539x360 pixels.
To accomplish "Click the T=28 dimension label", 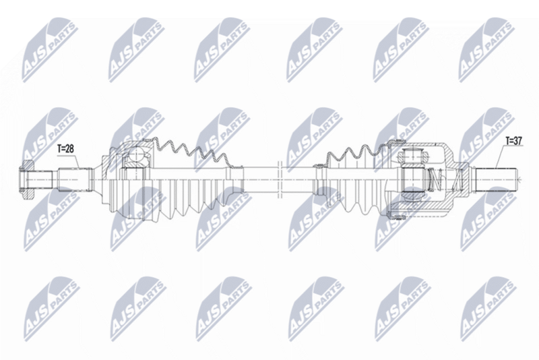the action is [65, 148].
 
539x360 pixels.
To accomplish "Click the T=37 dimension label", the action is [513, 141].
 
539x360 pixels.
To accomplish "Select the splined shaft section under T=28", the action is [75, 180].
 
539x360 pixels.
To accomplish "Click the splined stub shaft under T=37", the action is [497, 180].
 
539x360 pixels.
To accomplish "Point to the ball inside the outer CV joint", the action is [137, 156].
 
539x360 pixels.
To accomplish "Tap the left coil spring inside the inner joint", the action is [435, 179].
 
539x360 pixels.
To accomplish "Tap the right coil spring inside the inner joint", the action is [455, 179].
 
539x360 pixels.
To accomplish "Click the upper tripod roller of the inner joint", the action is [412, 154].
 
